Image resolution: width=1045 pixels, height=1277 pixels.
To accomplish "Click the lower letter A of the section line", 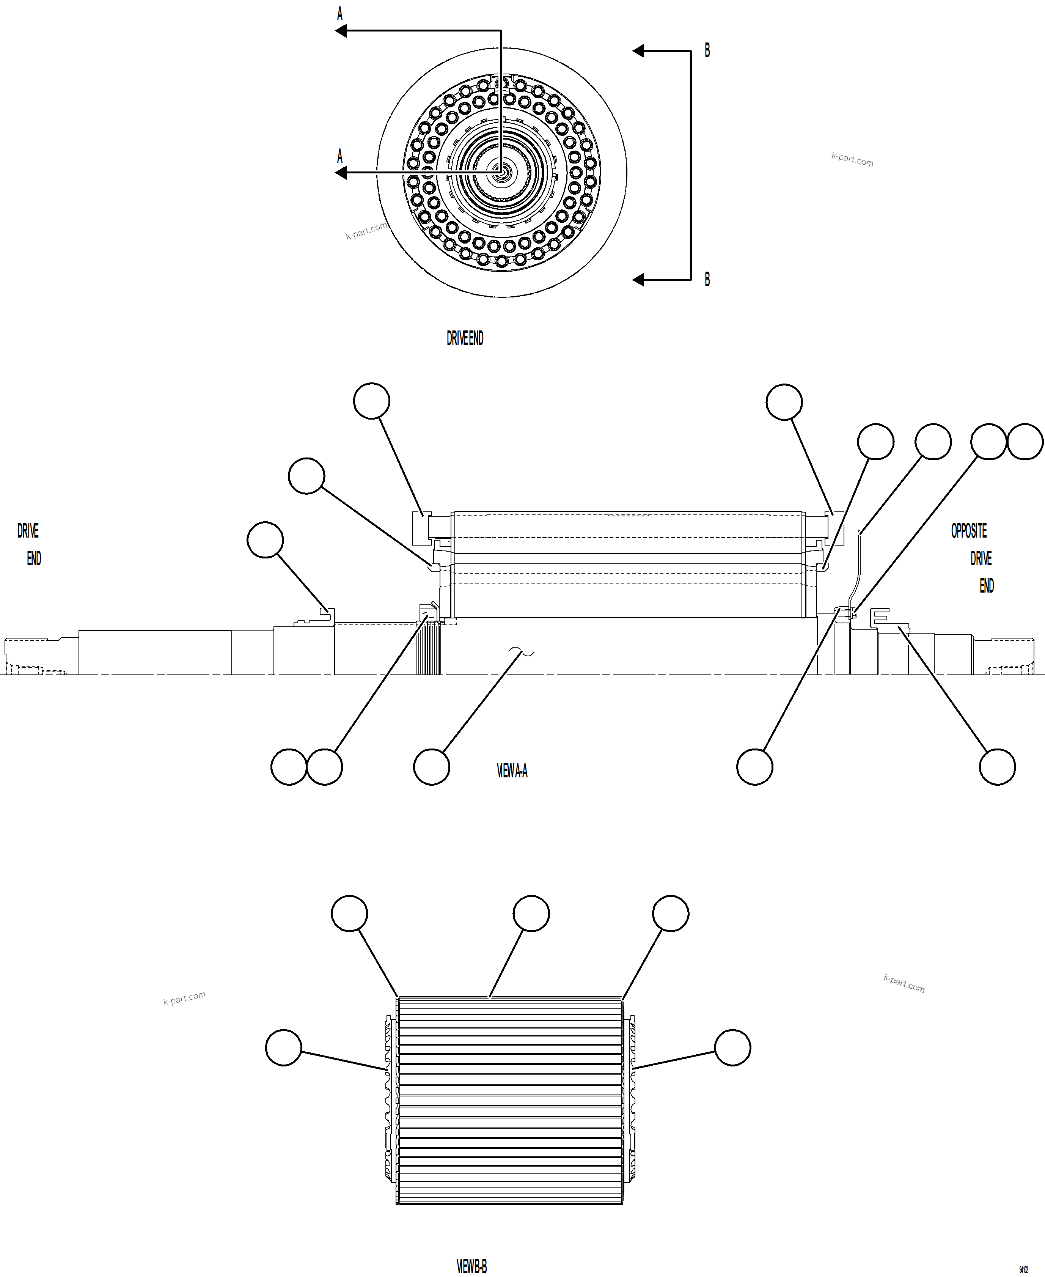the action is pos(339,157).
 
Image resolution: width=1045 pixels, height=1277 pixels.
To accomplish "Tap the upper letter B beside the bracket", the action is pos(707,50).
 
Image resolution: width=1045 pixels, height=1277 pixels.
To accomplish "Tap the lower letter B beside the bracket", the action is pos(707,279).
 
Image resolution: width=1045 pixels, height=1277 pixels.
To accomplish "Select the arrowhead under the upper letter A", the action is pos(341,31).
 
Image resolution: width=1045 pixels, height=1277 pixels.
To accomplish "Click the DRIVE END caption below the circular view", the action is pos(465,338).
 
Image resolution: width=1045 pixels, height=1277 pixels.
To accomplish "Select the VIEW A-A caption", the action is pos(512,771).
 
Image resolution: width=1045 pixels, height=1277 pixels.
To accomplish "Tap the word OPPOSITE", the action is pos(968,531).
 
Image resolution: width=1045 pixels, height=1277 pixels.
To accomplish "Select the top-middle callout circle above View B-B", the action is pos(531,913).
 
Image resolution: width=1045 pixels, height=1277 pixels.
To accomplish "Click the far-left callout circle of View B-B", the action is pos(283,1047).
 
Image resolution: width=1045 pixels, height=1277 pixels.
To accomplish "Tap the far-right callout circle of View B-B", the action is pos(732,1047).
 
